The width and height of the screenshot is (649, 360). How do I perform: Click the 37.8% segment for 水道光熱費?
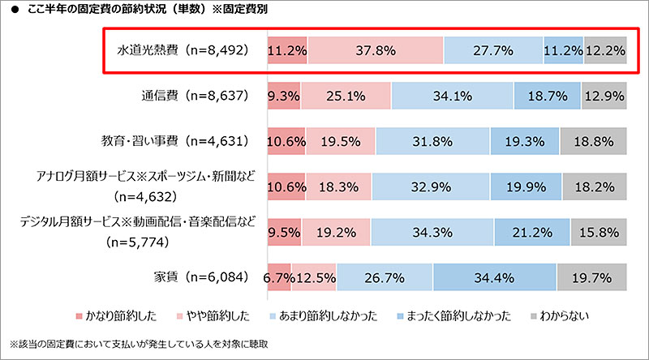376,51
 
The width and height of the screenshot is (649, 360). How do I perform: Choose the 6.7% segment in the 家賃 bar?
278,278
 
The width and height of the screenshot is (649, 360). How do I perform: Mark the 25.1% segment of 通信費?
350,96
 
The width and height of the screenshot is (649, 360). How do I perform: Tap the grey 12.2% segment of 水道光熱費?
605,51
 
